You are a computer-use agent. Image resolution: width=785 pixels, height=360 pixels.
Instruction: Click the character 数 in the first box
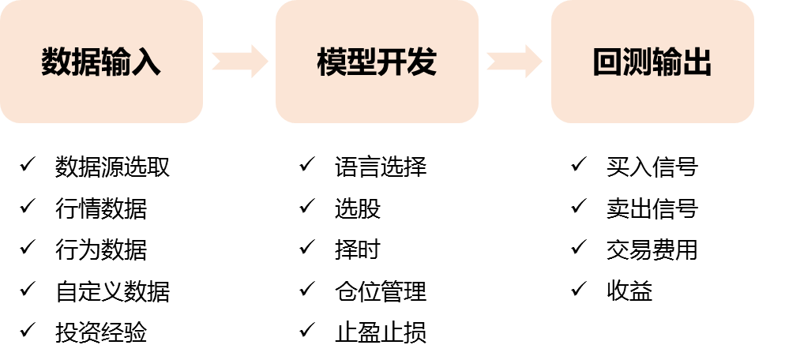point(56,62)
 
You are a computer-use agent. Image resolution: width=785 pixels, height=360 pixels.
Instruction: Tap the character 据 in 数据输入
point(86,62)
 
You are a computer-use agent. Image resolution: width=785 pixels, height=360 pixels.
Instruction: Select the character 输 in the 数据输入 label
point(116,62)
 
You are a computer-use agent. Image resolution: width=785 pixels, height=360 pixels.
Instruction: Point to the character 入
point(146,62)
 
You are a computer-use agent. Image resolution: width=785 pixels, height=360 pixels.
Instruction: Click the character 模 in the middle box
point(332,62)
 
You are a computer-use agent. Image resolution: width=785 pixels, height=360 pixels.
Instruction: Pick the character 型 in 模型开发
point(362,62)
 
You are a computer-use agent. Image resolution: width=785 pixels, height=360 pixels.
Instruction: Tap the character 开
point(392,62)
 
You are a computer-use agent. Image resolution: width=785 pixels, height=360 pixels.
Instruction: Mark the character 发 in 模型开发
point(422,62)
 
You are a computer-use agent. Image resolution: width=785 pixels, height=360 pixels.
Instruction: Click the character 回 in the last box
point(607,62)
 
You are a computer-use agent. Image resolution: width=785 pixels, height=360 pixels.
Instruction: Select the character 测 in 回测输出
point(637,62)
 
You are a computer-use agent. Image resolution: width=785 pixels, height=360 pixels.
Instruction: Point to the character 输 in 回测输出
point(667,62)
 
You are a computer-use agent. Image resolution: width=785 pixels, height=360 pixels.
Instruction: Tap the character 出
point(697,62)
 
